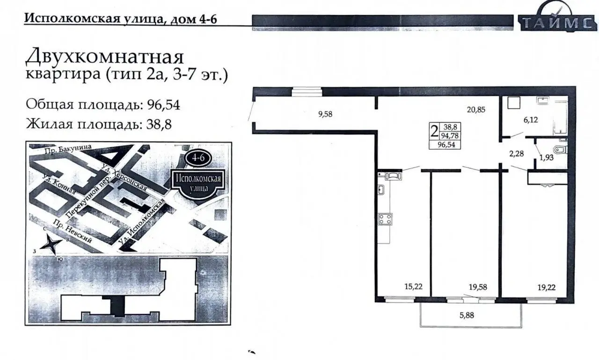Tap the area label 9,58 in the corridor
click(x=325, y=114)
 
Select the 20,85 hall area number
click(x=476, y=110)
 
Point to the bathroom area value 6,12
click(x=531, y=120)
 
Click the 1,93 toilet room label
click(x=546, y=158)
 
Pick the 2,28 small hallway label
click(x=516, y=154)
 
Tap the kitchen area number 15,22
click(x=413, y=287)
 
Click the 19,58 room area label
click(x=478, y=287)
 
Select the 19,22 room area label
click(x=547, y=287)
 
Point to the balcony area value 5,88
click(x=467, y=316)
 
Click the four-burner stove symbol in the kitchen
click(x=385, y=219)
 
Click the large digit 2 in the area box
click(x=434, y=132)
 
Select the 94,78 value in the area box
click(x=450, y=136)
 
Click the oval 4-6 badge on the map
click(x=198, y=158)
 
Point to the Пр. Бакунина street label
click(x=68, y=149)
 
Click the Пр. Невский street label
click(x=72, y=232)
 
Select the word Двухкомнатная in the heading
click(x=104, y=57)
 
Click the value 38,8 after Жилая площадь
click(x=159, y=125)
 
